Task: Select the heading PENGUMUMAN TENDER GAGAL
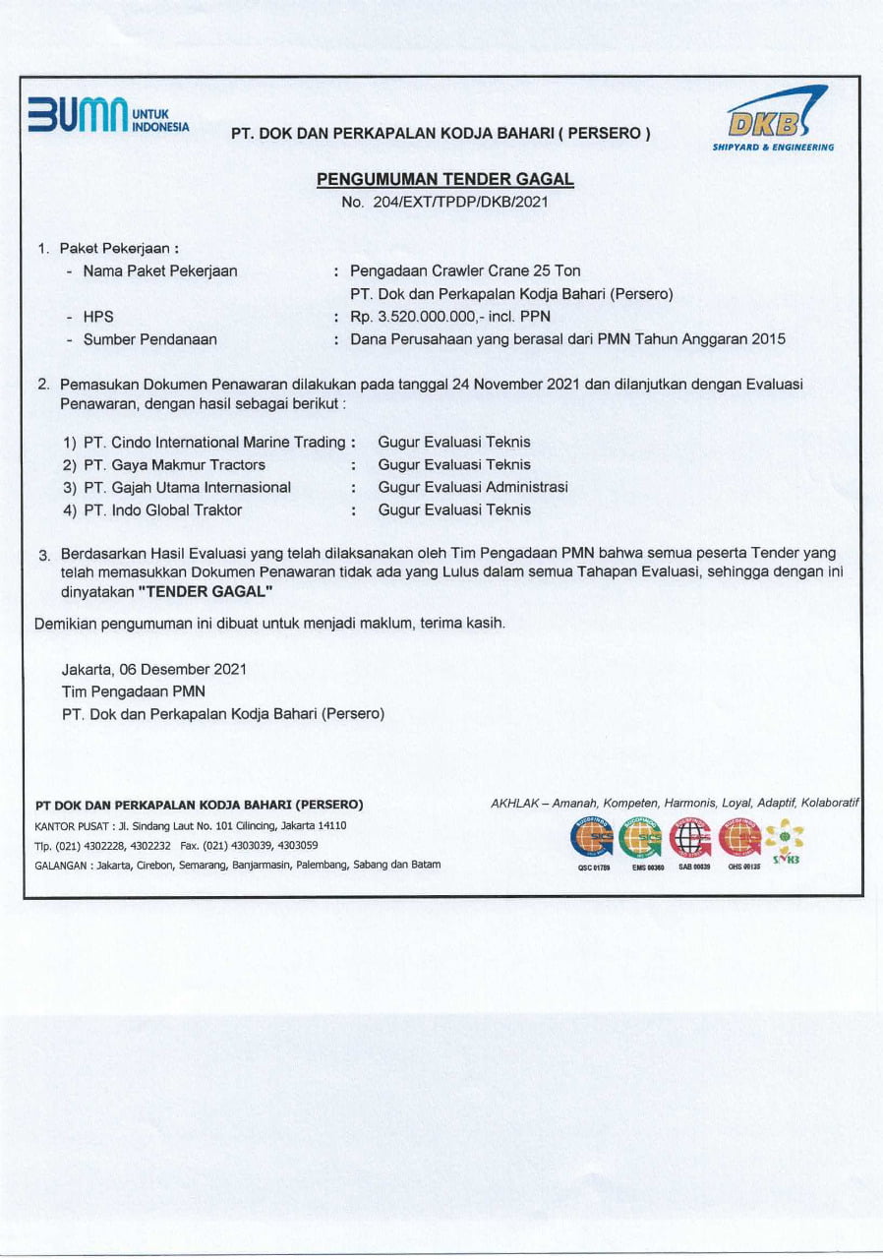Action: tap(444, 180)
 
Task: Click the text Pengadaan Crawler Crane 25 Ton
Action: tap(465, 270)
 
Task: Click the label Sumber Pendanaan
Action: tap(150, 339)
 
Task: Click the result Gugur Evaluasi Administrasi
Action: tap(473, 488)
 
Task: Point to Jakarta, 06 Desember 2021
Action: tap(153, 669)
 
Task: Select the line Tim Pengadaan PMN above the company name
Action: tap(133, 691)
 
